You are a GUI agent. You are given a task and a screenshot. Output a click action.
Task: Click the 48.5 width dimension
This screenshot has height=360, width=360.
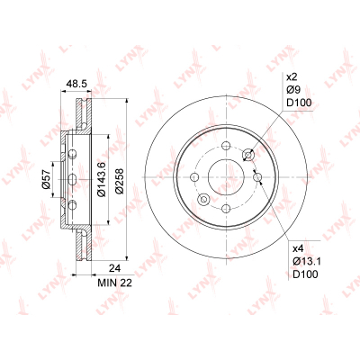point(76,84)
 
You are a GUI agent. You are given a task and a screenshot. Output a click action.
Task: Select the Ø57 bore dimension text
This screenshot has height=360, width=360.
point(46,179)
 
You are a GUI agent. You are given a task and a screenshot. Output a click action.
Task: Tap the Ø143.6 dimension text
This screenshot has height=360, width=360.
point(102,179)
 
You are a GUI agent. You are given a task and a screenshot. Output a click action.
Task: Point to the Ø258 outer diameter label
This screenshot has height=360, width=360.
point(120,181)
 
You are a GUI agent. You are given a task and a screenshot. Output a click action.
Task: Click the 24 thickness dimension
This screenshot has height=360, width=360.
point(114,268)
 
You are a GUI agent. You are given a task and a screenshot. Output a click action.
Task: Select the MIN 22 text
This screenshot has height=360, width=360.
point(115,283)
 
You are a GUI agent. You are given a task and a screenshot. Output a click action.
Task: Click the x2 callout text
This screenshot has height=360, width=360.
point(292,77)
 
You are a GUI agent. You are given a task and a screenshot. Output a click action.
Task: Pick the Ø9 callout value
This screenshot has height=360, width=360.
point(293,90)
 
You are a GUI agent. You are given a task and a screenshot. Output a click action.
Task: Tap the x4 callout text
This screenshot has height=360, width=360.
point(298,248)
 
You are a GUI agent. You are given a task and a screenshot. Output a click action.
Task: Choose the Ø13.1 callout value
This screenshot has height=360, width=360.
point(307,261)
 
